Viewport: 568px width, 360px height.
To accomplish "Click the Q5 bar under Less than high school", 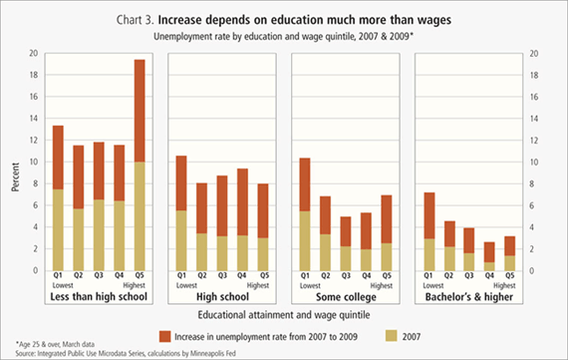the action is pos(140,165).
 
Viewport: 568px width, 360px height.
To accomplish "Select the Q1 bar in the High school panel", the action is pos(181,213).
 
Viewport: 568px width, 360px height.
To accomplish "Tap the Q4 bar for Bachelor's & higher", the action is pos(489,256).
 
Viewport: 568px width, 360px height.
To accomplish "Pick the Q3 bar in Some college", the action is pos(346,243).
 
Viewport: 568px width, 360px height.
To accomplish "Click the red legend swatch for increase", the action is pos(164,336).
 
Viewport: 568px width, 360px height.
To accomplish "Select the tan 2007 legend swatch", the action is pos(392,336).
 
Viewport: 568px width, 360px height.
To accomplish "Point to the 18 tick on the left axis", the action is pos(34,75).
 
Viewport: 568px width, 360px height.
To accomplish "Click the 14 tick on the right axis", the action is pos(534,119).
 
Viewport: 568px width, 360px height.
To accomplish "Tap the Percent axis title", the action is pos(15,177).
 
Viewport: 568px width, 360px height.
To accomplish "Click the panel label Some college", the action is pos(346,297).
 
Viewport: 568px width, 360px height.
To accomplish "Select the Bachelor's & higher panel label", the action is pos(469,297).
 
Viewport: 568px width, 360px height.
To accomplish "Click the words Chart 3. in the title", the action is pos(136,20).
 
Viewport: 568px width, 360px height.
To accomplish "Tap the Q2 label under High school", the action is pos(201,275).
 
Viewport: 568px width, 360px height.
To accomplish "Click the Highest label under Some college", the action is pos(382,285).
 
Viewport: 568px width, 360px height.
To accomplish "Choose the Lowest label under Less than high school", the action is pos(63,285).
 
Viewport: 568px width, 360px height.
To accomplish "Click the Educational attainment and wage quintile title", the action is pos(284,315).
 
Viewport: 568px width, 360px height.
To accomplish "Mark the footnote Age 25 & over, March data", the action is pos(55,344).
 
